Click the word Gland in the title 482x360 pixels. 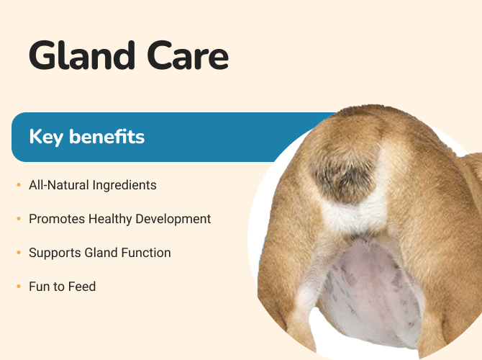coord(82,55)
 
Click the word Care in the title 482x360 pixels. coord(188,56)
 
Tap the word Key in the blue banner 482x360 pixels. coord(46,137)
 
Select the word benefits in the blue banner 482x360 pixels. coord(106,136)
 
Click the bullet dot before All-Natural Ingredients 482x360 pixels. coord(19,185)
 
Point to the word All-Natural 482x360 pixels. coord(59,185)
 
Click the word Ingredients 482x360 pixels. coord(124,186)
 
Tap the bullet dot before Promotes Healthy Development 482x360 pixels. coord(19,219)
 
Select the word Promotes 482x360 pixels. coord(57,219)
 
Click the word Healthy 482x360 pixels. coord(110,220)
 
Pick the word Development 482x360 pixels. coord(173,220)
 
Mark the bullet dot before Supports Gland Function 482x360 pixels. coord(19,253)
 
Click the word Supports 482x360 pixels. coord(55,253)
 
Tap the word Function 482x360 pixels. coord(146,253)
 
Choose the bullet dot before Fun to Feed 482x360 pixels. coord(19,287)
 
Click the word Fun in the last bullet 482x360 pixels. coord(40,287)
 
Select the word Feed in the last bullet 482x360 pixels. coord(82,287)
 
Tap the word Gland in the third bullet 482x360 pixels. coord(101,253)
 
